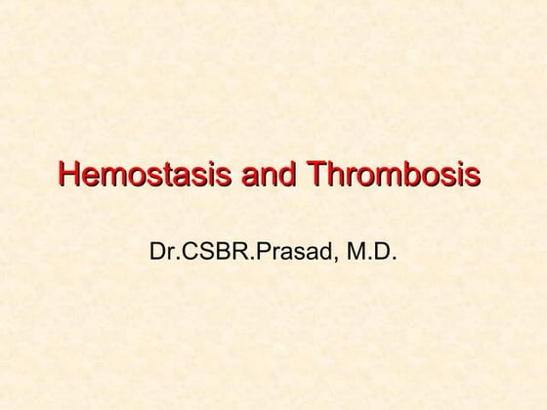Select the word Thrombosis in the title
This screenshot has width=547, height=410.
coord(393,176)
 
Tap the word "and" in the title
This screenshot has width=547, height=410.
coord(269,176)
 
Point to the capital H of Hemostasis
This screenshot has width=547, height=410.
coord(68,176)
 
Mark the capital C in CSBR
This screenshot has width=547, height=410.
coord(187,253)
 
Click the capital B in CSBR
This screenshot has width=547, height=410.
coord(219,253)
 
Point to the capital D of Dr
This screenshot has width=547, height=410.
coord(157,253)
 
